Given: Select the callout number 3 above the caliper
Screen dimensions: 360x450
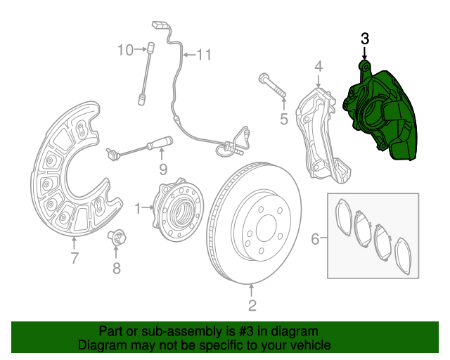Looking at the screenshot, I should click(364, 38).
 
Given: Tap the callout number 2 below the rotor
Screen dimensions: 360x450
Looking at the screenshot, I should click(252, 305).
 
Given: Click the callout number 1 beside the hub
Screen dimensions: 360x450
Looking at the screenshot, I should click(139, 207).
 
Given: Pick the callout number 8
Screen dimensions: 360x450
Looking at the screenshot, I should click(117, 268).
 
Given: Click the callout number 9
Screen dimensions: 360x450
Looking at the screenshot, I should click(162, 169).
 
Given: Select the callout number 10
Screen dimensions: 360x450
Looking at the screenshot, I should click(124, 50).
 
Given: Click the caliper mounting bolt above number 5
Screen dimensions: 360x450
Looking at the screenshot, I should click(273, 85).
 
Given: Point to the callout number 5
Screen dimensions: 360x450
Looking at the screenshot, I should click(283, 120).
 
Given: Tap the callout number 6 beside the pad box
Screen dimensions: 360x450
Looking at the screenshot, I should click(316, 239).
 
